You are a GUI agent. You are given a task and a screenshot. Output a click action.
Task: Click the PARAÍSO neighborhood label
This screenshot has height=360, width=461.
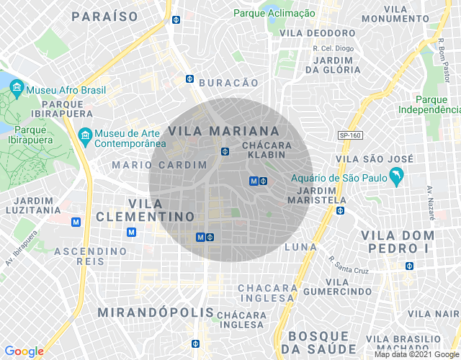(x=105, y=15)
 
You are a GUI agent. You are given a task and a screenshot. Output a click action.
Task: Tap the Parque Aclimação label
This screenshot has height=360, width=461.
(x=274, y=13)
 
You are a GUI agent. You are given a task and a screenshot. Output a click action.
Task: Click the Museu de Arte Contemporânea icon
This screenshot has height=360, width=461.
(x=85, y=135)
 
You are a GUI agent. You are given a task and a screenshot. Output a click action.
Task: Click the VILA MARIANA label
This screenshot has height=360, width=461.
(x=223, y=131)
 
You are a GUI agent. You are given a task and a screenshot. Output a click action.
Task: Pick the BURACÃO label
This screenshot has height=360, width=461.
(x=228, y=83)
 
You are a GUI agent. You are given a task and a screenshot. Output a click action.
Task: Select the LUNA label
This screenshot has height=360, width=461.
(x=300, y=247)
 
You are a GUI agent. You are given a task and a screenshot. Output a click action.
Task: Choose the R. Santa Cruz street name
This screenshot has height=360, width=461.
(x=349, y=266)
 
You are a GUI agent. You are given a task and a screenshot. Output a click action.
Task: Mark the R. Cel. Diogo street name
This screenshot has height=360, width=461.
(x=334, y=48)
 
